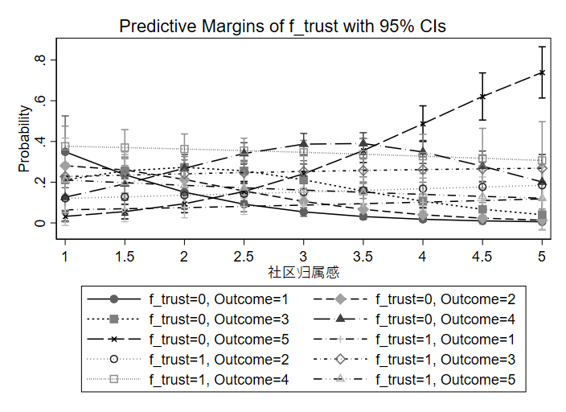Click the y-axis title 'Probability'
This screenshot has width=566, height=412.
[x=24, y=142]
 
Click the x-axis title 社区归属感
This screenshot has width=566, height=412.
[x=303, y=274]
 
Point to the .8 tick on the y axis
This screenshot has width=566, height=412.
[x=39, y=60]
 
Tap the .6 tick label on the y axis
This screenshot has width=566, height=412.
[x=39, y=101]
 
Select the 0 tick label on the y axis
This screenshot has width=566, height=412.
[x=39, y=222]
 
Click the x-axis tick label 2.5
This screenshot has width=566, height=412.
[x=244, y=254]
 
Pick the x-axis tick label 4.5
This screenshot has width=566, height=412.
[x=482, y=254]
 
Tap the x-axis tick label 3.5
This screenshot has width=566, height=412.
[x=363, y=254]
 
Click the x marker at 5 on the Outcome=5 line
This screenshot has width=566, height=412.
[x=542, y=72]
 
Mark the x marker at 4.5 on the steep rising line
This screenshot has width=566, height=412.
[x=482, y=97]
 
